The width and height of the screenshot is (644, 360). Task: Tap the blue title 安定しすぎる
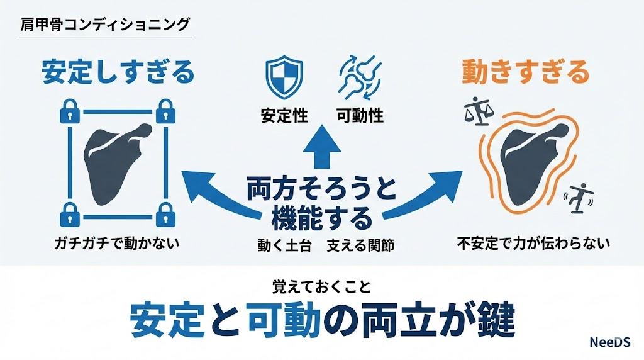click(118, 74)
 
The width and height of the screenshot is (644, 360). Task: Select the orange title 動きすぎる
click(526, 73)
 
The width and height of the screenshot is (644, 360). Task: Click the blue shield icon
click(278, 77)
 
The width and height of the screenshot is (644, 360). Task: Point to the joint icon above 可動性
click(358, 77)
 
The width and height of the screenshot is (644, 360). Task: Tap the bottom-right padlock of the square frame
click(165, 214)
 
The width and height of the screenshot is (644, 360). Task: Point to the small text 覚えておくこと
click(322, 286)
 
